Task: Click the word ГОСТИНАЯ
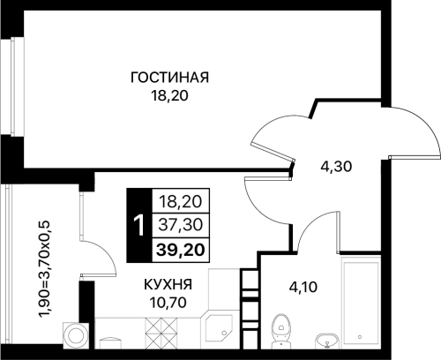pyautogui.click(x=169, y=78)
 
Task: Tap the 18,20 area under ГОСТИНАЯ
pyautogui.click(x=169, y=96)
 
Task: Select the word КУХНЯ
pyautogui.click(x=168, y=284)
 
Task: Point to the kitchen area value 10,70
pyautogui.click(x=168, y=302)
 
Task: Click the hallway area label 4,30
pyautogui.click(x=336, y=167)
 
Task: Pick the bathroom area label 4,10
pyautogui.click(x=303, y=287)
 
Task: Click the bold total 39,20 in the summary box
pyautogui.click(x=181, y=251)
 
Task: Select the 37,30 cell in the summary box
pyautogui.click(x=181, y=226)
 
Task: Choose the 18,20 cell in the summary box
pyautogui.click(x=181, y=202)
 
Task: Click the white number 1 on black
pyautogui.click(x=138, y=226)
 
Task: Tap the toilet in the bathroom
pyautogui.click(x=281, y=330)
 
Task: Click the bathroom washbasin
pyautogui.click(x=327, y=341)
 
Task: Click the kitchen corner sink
pyautogui.click(x=217, y=328)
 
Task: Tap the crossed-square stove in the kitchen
pyautogui.click(x=161, y=333)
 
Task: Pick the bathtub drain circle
pyautogui.click(x=360, y=337)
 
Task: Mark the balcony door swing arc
pyautogui.click(x=106, y=251)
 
